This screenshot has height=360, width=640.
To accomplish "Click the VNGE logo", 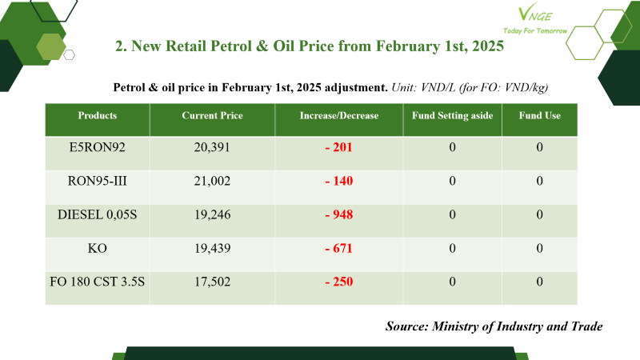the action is click(535, 14).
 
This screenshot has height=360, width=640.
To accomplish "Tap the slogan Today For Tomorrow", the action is click(535, 30).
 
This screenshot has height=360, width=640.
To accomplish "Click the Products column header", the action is click(97, 115).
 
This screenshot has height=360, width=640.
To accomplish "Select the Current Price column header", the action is click(212, 115).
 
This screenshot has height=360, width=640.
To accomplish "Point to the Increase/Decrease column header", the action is click(338, 115).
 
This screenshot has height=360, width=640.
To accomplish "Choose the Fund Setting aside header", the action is click(452, 115).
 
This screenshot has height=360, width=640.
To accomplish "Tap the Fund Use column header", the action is click(539, 115).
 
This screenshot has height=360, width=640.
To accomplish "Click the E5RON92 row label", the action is click(97, 147).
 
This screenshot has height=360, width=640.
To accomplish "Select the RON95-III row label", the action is click(97, 181).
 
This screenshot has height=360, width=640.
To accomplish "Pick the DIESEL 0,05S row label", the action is click(97, 214).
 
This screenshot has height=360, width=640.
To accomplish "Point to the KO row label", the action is click(97, 248).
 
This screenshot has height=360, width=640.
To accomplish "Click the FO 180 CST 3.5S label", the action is click(97, 282).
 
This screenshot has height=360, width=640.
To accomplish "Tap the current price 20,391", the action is click(212, 147).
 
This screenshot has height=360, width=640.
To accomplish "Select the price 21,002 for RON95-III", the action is click(212, 181).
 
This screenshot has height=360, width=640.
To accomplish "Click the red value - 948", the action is click(338, 214).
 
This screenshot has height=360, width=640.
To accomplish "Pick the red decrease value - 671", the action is click(338, 248).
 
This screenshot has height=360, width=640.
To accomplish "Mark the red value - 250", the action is click(338, 282).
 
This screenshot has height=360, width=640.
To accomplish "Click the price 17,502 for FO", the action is click(212, 282).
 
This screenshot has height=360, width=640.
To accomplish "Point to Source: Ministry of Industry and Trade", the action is click(494, 326).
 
